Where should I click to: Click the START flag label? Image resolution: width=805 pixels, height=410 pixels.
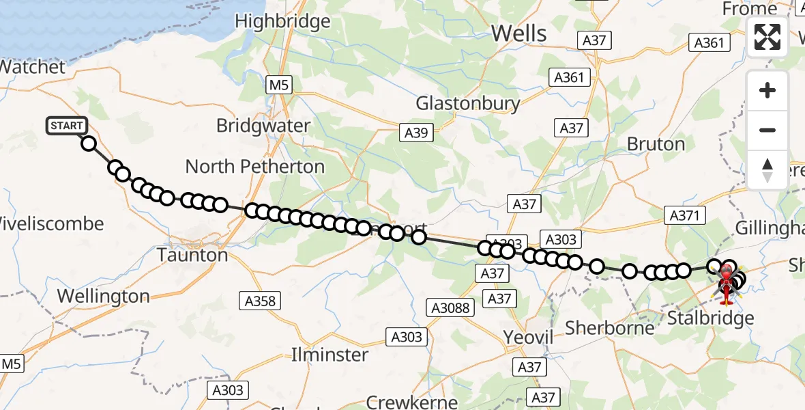[x=67, y=126]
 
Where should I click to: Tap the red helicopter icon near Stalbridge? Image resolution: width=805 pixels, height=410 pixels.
[x=727, y=282]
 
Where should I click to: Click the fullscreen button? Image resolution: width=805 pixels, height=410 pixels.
[x=767, y=37]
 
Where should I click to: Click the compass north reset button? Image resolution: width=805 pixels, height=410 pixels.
[x=767, y=169]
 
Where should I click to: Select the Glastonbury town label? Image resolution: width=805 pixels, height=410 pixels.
[x=468, y=104]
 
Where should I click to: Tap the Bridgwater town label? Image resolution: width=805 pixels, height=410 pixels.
[x=263, y=126]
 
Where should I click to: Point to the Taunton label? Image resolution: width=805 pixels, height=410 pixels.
[x=192, y=256]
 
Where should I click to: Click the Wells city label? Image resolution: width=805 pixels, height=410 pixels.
[x=518, y=33]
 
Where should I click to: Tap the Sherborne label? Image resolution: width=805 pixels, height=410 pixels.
[x=610, y=328]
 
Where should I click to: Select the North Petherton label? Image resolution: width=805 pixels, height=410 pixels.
[x=254, y=167]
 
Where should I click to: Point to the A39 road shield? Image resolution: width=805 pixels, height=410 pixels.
[x=416, y=133]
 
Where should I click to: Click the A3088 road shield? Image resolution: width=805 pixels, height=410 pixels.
[x=451, y=308]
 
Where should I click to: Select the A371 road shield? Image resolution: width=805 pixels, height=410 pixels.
[x=684, y=216]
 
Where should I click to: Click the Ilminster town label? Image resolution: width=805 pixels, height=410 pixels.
[x=330, y=355]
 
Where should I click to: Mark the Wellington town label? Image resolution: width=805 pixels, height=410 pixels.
[x=103, y=297]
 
